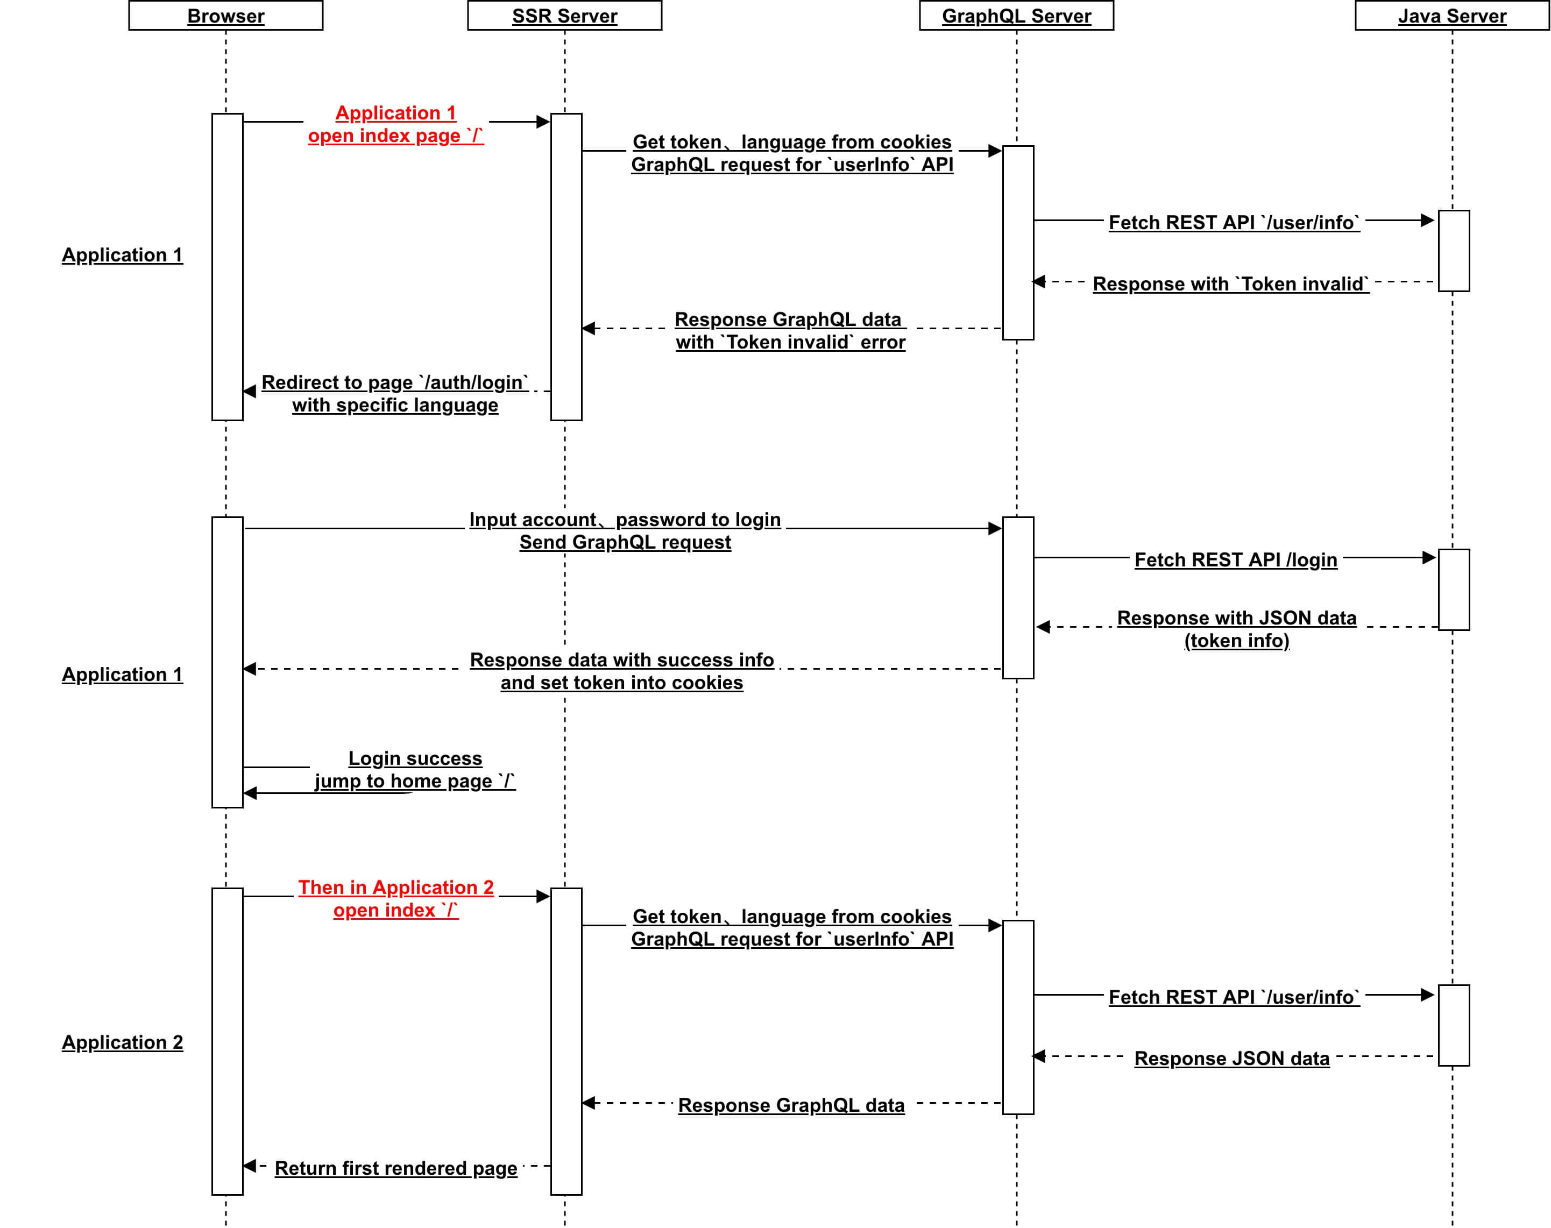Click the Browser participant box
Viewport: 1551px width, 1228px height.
[226, 16]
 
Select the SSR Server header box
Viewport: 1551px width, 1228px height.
[564, 16]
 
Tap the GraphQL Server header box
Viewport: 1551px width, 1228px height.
[1016, 16]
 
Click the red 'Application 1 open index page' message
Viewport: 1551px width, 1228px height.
[395, 124]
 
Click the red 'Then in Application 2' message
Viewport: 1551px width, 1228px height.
[395, 899]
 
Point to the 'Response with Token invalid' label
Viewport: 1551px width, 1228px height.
[1230, 284]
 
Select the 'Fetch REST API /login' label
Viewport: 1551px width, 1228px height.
[1235, 560]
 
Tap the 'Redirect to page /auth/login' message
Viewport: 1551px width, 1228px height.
[395, 393]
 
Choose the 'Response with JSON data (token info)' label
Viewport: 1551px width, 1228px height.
[1236, 629]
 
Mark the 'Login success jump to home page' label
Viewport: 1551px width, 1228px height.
[415, 770]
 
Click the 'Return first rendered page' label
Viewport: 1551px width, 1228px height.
[395, 1168]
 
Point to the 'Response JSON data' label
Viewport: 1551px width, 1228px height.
[1232, 1059]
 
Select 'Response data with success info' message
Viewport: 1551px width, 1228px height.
[622, 671]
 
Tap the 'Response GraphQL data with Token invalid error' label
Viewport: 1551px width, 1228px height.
[790, 331]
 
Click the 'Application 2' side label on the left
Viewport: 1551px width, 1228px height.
[122, 1042]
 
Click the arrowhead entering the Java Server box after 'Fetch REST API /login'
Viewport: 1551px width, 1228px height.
[1429, 557]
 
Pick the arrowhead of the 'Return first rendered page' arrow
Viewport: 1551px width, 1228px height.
[250, 1166]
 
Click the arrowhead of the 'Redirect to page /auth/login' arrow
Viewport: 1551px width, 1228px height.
[250, 391]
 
